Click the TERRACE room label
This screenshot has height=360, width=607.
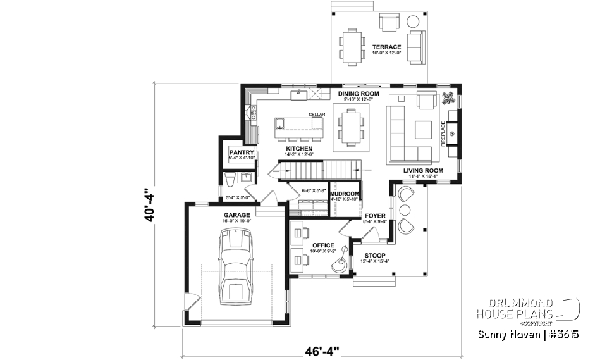click(x=386, y=47)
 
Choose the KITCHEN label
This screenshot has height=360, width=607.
click(x=299, y=149)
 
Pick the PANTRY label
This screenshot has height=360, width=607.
click(x=242, y=152)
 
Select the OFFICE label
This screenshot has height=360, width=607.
click(x=323, y=245)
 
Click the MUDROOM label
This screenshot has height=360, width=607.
click(x=345, y=194)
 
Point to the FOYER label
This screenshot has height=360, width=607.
click(x=375, y=216)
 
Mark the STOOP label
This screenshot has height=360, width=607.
click(x=374, y=256)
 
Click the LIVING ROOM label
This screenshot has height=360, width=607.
click(x=424, y=170)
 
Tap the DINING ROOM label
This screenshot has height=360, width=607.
click(x=359, y=94)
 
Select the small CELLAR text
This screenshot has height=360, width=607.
click(x=316, y=115)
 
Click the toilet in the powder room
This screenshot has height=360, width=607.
click(x=230, y=180)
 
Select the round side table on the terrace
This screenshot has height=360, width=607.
click(x=414, y=21)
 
